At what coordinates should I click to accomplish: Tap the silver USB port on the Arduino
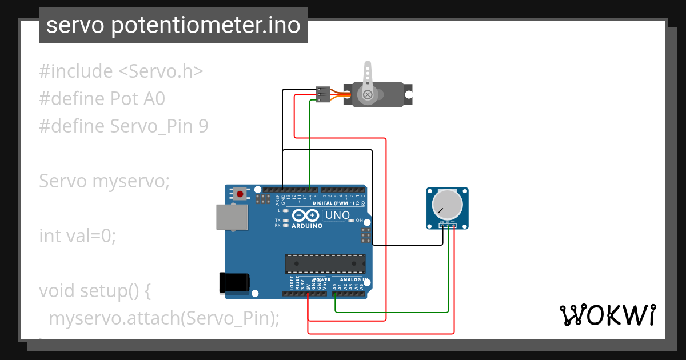(x=232, y=218)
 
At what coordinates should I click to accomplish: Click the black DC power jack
(x=235, y=282)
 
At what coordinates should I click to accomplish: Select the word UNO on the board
(x=337, y=215)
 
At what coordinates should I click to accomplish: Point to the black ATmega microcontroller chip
(x=325, y=263)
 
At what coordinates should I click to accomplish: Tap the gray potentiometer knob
(x=446, y=204)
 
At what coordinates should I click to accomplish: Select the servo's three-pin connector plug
(x=323, y=94)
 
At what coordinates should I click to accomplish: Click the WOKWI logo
(x=607, y=315)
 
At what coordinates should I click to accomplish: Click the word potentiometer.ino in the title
(x=205, y=26)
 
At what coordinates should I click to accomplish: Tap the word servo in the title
(x=75, y=26)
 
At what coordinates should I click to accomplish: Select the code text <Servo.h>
(x=161, y=71)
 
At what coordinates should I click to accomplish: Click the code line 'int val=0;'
(x=77, y=235)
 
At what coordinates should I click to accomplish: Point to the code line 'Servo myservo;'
(x=105, y=181)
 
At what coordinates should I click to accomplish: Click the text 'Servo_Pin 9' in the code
(x=159, y=126)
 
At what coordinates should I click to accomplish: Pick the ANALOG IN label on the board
(x=352, y=280)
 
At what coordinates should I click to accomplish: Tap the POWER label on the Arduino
(x=322, y=280)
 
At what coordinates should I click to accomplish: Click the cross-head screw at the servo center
(x=368, y=94)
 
